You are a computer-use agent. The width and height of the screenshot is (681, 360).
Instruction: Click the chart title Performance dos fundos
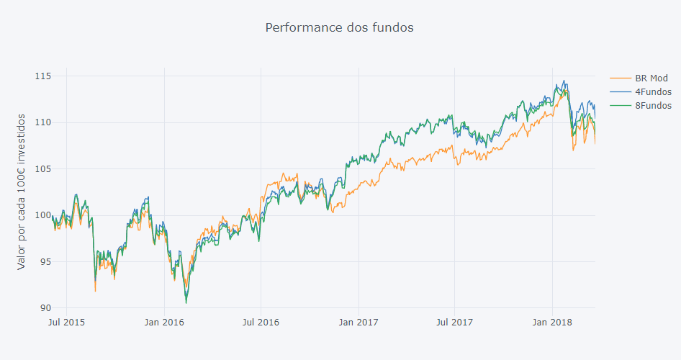(339, 27)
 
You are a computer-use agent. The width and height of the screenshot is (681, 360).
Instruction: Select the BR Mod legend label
(651, 78)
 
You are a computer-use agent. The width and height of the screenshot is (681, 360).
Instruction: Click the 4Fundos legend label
(653, 91)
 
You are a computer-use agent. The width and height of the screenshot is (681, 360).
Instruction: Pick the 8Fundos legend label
(653, 105)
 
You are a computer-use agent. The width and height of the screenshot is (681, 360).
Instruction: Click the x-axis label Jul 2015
(67, 322)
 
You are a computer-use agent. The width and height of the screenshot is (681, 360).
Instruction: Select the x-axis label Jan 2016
(164, 322)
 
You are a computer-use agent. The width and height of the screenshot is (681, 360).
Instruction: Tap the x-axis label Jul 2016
(261, 322)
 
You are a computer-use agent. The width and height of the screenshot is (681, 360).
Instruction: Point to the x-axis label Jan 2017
(358, 322)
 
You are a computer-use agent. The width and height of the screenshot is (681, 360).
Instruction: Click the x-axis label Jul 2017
(454, 322)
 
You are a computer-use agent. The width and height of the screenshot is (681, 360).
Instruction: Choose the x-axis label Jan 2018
(551, 322)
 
